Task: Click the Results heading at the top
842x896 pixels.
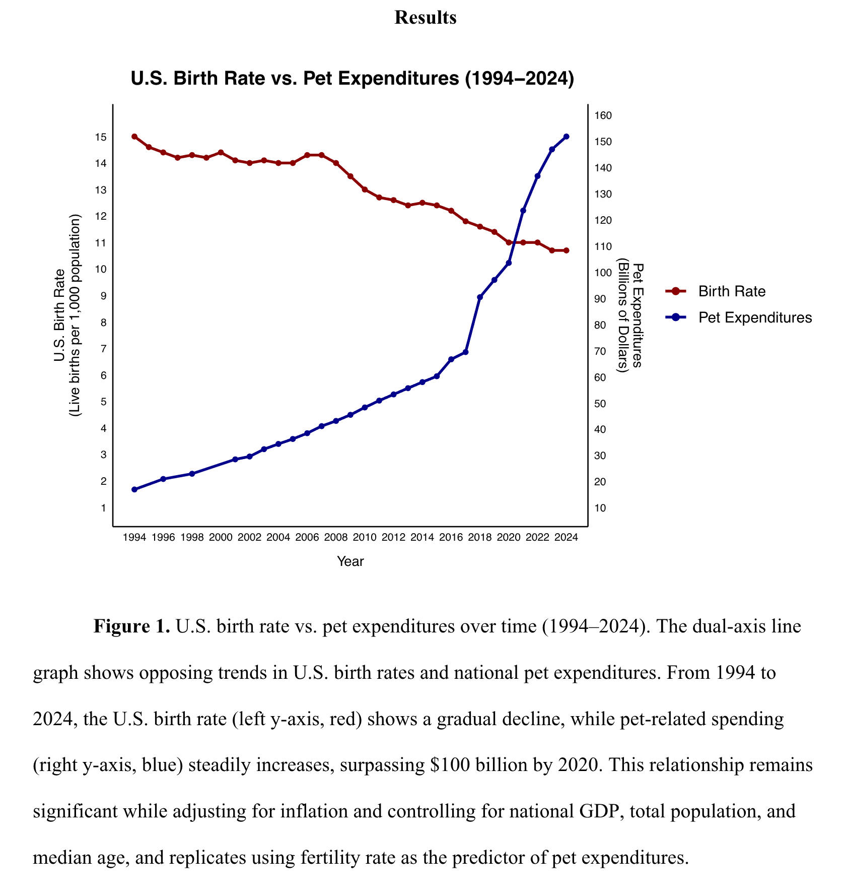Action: coord(425,18)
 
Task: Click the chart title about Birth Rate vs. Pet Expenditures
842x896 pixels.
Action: coord(352,79)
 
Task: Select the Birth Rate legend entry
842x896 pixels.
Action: coord(731,291)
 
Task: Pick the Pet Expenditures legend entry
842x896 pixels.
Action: coord(754,317)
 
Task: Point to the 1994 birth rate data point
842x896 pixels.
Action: coord(134,137)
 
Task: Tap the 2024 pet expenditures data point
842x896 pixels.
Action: coord(567,137)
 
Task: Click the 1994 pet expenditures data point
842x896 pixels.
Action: coord(134,489)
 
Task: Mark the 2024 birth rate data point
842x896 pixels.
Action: coord(567,250)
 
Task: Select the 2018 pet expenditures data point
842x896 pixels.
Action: coord(480,297)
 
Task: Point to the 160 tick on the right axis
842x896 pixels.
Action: coord(603,116)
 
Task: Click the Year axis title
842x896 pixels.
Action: coord(350,561)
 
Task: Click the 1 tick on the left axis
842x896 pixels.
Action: coord(104,508)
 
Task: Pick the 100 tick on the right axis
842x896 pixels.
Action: coord(603,273)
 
